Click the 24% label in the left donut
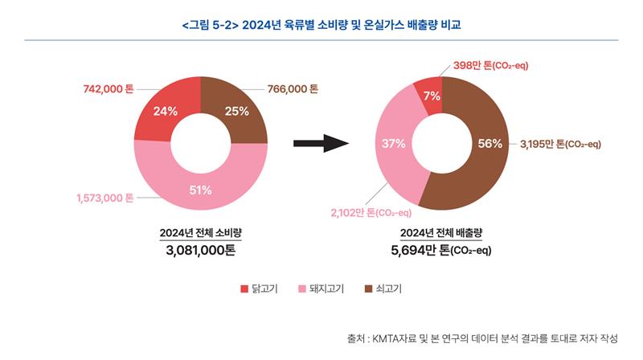[x=165, y=112]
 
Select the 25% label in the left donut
[x=236, y=112]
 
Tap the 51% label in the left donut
[x=200, y=190]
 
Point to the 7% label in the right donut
[x=432, y=96]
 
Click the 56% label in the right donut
[x=489, y=144]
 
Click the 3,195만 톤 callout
[x=561, y=144]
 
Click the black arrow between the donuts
[x=320, y=143]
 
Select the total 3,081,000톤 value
[x=200, y=251]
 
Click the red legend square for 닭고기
[x=244, y=288]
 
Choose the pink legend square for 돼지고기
[x=303, y=288]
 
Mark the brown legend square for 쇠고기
[x=369, y=288]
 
